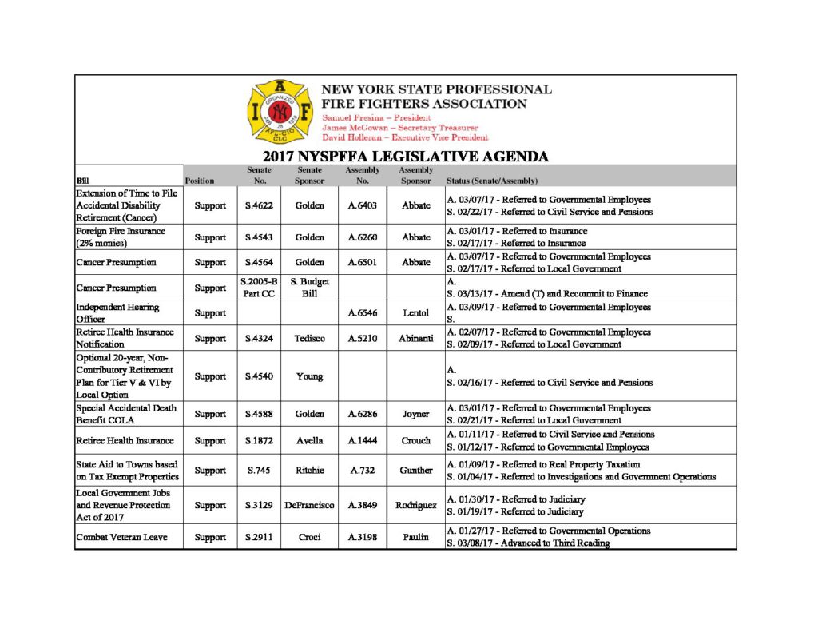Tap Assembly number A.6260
362,237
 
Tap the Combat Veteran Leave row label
121,538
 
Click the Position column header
200,181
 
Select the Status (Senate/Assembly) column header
492,181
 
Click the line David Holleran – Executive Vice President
405,137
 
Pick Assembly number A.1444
362,440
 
